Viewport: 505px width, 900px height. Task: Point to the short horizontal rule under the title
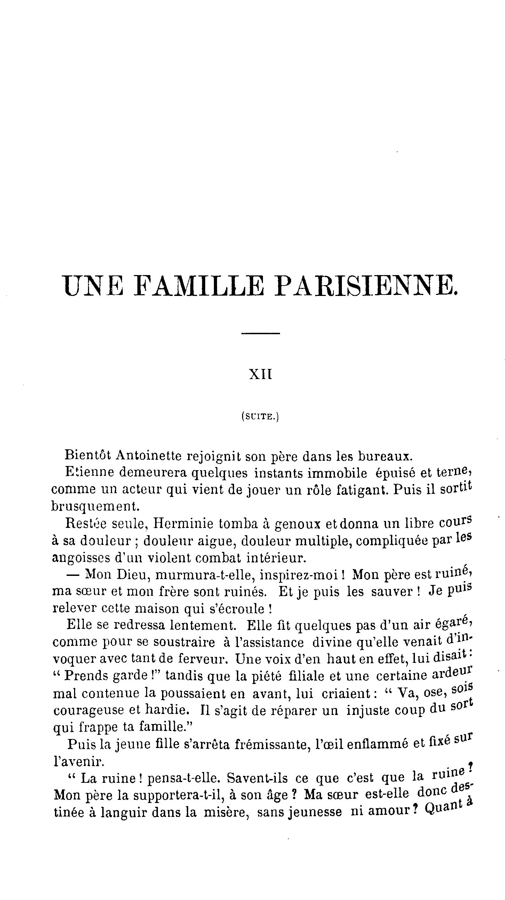tap(260, 334)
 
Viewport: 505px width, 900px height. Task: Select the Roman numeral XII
tap(260, 375)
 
